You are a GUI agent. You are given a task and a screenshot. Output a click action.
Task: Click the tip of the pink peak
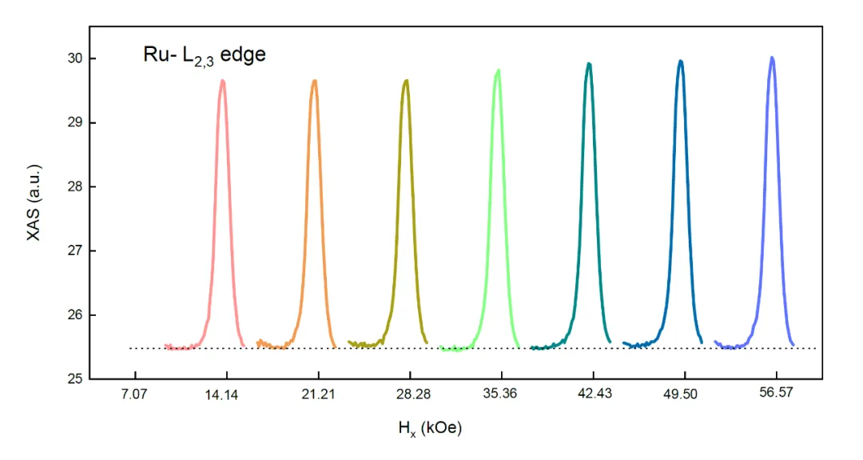click(x=223, y=80)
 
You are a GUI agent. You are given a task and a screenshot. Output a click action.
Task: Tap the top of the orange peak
click(x=315, y=80)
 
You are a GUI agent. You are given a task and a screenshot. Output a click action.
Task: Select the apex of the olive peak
click(x=407, y=80)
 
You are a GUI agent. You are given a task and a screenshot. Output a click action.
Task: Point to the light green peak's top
click(x=498, y=70)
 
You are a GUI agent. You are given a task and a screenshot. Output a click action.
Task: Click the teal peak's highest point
click(x=589, y=63)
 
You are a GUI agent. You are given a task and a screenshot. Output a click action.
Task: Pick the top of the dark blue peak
click(x=681, y=61)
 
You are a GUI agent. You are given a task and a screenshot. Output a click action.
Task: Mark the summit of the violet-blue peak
click(x=772, y=58)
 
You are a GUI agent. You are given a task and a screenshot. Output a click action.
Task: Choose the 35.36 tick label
click(x=501, y=394)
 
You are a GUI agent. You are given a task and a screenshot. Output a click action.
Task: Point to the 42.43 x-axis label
click(x=592, y=394)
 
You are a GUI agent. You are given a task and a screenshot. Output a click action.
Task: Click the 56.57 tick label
click(x=775, y=394)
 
